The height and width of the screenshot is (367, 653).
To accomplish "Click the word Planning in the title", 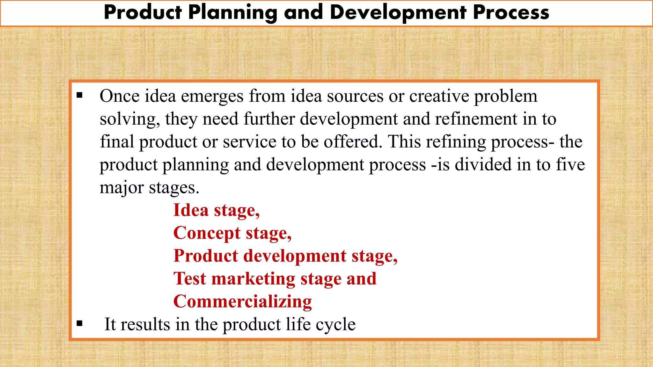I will point(233,13).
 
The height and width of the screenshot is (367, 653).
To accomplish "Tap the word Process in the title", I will point(511,13).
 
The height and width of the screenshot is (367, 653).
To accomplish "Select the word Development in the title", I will point(398,13).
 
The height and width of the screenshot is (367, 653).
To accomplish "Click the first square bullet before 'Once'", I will point(79,95).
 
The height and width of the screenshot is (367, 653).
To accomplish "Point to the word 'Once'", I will point(120,96).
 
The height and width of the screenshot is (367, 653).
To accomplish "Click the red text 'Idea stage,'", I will point(216,211).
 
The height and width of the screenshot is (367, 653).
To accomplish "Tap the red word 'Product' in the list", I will point(206,256).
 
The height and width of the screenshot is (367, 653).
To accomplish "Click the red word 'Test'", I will point(190,279).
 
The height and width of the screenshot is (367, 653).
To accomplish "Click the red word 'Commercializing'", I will point(242,302).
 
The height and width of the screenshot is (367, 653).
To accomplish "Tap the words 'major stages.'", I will point(149,188).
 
